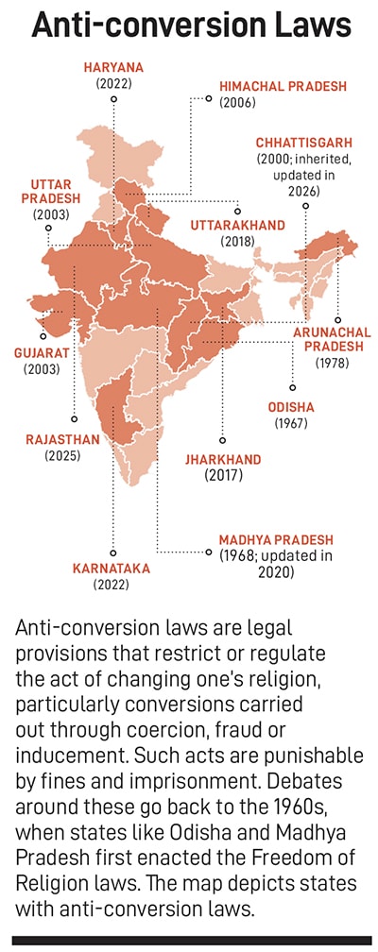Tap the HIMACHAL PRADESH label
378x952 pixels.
click(x=283, y=86)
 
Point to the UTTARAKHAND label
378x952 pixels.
click(x=237, y=226)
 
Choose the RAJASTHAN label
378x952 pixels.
click(x=62, y=439)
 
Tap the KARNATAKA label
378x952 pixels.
click(x=112, y=569)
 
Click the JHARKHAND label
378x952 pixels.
click(x=223, y=460)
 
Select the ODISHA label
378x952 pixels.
click(x=291, y=407)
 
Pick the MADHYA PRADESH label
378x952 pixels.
click(x=276, y=540)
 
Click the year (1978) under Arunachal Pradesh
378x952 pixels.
click(x=334, y=363)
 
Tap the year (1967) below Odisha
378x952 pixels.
click(x=291, y=422)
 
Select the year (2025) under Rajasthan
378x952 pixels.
click(x=62, y=454)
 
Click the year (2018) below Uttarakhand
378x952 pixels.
click(x=237, y=241)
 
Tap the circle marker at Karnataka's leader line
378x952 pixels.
click(x=112, y=553)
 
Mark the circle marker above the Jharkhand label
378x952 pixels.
click(x=222, y=439)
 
